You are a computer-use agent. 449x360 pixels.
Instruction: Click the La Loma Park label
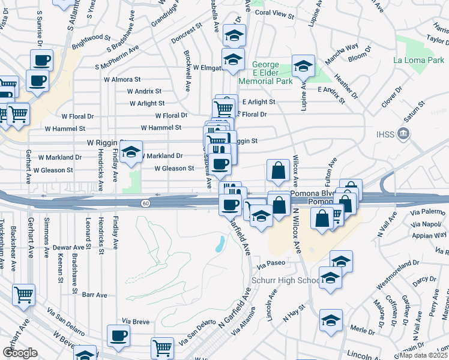coord(419,61)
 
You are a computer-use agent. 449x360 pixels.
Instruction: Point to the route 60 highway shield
coord(146,203)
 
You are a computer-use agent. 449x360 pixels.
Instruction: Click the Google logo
coord(20,353)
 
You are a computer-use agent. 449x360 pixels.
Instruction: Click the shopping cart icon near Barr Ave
coord(24,295)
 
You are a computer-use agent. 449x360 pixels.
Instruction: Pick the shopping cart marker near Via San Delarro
coord(163,347)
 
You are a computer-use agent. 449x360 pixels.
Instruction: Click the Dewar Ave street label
coord(68,247)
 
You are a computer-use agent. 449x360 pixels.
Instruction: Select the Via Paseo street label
coord(270,263)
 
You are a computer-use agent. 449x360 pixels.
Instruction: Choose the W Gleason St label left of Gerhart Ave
coord(53,170)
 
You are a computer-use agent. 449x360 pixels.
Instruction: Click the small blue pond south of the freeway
coord(220,244)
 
